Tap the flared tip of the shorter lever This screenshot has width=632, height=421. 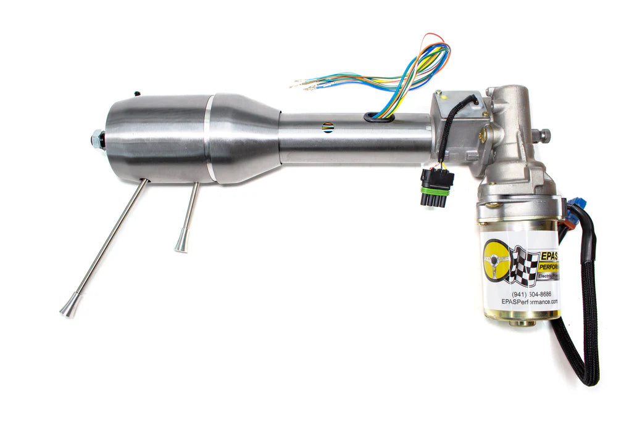point(181,246)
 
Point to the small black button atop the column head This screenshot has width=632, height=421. point(136,94)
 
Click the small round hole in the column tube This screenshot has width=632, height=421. point(328,128)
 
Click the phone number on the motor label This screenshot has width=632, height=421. point(533,294)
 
